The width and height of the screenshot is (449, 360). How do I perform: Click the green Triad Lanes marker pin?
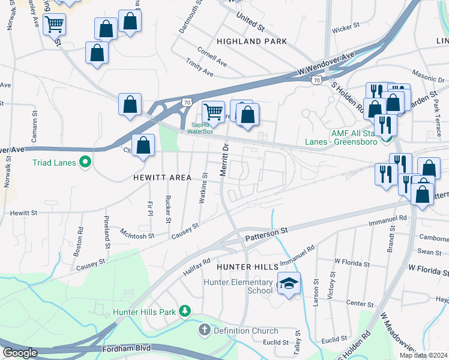click(x=85, y=161)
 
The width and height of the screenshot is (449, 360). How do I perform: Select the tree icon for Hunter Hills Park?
click(x=186, y=310)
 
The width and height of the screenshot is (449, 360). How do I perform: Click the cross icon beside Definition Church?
click(x=204, y=330)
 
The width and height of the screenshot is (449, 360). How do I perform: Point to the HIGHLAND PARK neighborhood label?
click(x=252, y=41)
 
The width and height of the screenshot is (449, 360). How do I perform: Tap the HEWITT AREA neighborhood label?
click(x=164, y=178)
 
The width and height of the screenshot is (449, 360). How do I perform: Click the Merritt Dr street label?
click(x=225, y=159)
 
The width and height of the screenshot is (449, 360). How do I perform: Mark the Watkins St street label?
click(x=205, y=188)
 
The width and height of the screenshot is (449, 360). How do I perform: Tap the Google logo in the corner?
click(x=20, y=353)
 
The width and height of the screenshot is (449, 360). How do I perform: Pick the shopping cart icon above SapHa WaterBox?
click(x=213, y=112)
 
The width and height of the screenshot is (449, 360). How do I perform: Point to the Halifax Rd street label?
click(x=197, y=268)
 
